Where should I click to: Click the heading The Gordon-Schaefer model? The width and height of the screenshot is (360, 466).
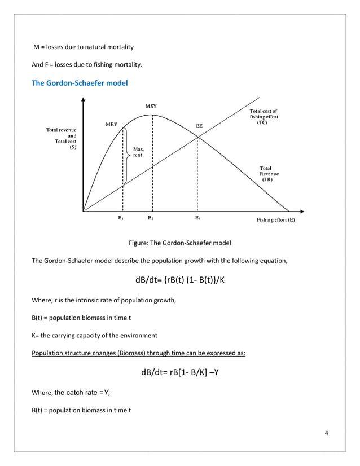[x=80, y=83]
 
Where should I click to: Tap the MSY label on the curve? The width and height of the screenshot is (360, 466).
[x=151, y=106]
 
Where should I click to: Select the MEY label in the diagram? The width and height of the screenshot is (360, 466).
[x=112, y=125]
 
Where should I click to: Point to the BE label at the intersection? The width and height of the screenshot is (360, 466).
[x=199, y=126]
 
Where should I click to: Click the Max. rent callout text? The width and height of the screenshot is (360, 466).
[x=139, y=152]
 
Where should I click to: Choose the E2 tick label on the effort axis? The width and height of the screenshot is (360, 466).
[x=151, y=217]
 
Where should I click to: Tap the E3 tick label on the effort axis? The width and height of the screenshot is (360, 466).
[x=198, y=217]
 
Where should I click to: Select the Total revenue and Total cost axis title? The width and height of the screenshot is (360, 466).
[x=62, y=139]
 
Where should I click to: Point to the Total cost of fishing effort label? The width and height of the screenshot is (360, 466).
[x=264, y=117]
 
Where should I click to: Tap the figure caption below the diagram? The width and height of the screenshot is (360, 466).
[x=180, y=243]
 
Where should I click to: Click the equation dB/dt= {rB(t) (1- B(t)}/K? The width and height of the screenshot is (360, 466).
[x=180, y=280]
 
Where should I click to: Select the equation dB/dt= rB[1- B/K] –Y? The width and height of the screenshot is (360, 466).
[x=180, y=372]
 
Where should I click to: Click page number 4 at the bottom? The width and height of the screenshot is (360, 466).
[x=327, y=433]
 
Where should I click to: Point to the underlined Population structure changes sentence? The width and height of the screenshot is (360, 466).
[x=138, y=354]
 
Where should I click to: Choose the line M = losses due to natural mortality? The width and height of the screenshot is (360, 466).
[x=84, y=46]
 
